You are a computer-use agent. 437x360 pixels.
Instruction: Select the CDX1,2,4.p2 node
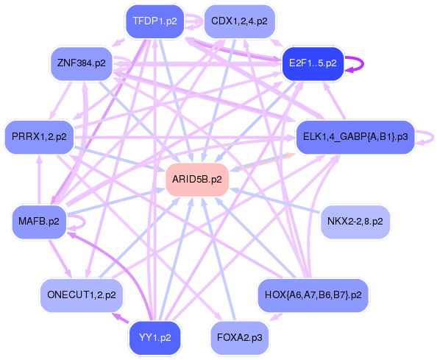239,21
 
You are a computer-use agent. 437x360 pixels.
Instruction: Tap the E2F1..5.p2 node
313,63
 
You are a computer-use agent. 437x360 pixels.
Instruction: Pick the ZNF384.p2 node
81,63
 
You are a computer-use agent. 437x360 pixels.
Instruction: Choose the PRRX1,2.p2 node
39,136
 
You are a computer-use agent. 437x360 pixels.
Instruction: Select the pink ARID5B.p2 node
196,179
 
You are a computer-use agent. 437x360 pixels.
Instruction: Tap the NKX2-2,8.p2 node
355,221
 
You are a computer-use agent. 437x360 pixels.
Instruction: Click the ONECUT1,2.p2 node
81,294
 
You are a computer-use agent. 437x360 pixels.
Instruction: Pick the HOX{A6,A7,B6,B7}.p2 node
313,294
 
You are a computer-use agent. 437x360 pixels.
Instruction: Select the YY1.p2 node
154,338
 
